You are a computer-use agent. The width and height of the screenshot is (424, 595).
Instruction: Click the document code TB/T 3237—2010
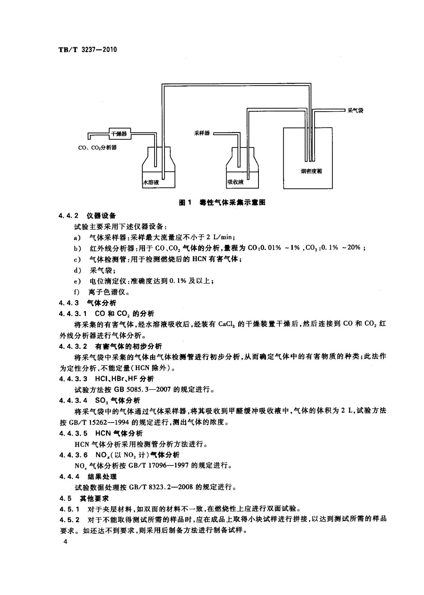point(88,50)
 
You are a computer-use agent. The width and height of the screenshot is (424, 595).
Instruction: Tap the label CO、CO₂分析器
point(98,148)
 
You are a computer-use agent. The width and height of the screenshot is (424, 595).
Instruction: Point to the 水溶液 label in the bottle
point(151,182)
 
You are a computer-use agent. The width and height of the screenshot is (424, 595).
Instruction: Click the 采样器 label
point(202,133)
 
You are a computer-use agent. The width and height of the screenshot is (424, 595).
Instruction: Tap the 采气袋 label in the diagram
point(355,111)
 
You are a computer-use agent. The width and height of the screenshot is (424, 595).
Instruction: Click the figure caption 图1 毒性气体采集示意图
point(222,203)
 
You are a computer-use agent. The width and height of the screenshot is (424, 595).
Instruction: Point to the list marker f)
point(77,292)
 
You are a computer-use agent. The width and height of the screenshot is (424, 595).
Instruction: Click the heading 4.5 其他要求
point(84,498)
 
